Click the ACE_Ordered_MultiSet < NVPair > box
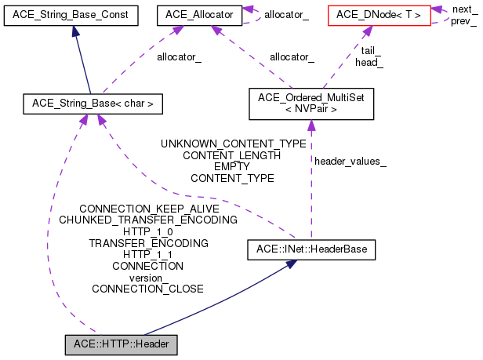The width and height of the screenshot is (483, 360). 311,104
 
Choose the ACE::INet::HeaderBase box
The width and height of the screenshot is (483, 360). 312,250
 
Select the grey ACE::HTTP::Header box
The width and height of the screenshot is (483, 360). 122,344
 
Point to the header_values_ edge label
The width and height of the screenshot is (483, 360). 350,162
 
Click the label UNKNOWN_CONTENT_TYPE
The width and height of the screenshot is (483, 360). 233,144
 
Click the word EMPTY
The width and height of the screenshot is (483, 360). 232,166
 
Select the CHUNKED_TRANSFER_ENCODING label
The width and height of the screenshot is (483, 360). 148,220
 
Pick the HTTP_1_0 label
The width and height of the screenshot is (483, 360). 148,232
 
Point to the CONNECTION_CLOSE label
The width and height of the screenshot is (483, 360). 147,289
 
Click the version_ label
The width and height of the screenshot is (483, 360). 148,278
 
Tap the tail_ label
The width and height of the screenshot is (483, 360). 372,50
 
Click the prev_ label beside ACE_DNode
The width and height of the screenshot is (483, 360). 463,20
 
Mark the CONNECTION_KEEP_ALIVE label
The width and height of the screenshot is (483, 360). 149,209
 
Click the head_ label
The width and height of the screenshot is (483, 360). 369,61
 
